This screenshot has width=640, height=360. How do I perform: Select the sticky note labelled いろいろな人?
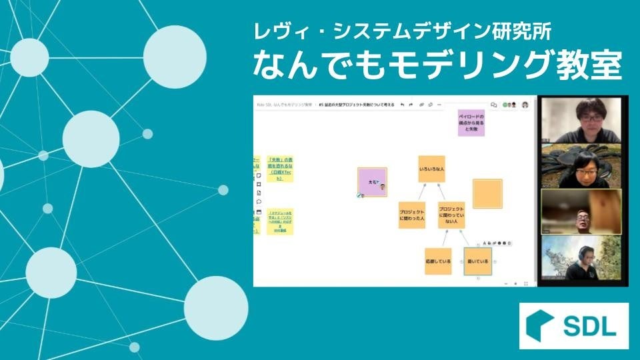point(431,169)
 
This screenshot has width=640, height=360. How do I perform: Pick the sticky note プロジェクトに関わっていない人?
point(451,215)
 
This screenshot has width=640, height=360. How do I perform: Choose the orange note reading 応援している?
point(438,261)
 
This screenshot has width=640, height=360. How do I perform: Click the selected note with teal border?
point(477,261)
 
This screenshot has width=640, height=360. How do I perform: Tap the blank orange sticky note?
point(487,193)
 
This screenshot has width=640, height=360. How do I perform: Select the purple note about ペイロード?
point(471,123)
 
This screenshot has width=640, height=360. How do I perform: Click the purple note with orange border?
point(372,182)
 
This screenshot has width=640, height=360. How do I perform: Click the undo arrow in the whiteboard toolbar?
point(401,105)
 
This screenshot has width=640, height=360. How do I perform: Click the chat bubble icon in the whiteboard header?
point(493,105)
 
